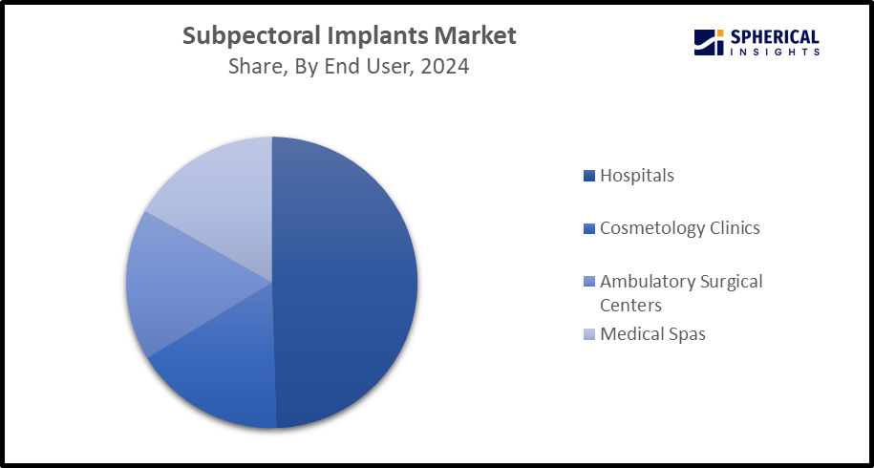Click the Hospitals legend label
click(x=637, y=176)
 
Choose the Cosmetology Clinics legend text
click(x=680, y=228)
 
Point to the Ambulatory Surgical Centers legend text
click(x=681, y=293)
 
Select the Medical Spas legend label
click(x=652, y=334)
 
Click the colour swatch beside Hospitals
click(x=589, y=176)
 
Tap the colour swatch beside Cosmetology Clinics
click(x=589, y=228)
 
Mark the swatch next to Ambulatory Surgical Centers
click(x=589, y=282)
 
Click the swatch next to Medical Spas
click(x=589, y=334)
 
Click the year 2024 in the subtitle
click(x=446, y=68)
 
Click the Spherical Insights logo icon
click(x=708, y=42)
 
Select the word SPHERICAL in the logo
click(x=775, y=36)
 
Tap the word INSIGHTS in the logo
click(x=775, y=52)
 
